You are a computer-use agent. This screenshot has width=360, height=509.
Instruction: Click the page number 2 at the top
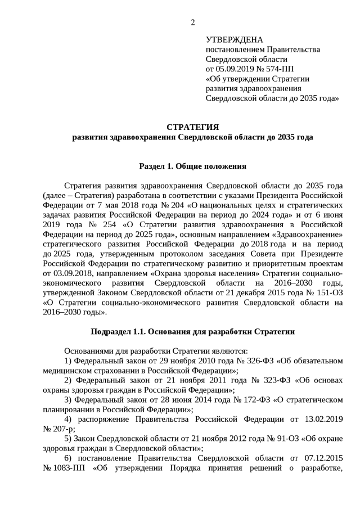pos(193,22)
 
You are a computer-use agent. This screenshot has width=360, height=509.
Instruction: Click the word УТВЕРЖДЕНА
pos(235,40)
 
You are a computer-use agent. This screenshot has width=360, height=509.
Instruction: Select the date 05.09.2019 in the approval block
pos(235,69)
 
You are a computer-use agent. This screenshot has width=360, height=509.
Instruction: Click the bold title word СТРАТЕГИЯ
pos(192,127)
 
